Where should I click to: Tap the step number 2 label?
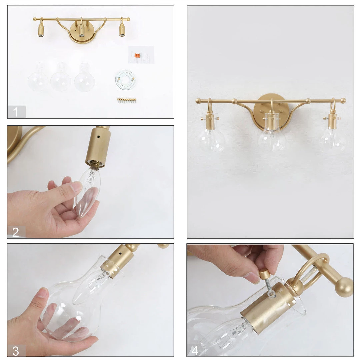point(16,232)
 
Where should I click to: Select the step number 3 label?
point(16,350)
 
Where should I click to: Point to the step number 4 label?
point(195,350)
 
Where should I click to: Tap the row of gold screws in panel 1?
point(127,99)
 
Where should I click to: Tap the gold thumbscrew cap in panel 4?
point(265,274)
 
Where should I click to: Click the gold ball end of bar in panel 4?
point(344,287)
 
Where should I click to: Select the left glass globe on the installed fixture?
point(211,138)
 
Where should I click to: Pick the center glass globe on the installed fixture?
point(272,138)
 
